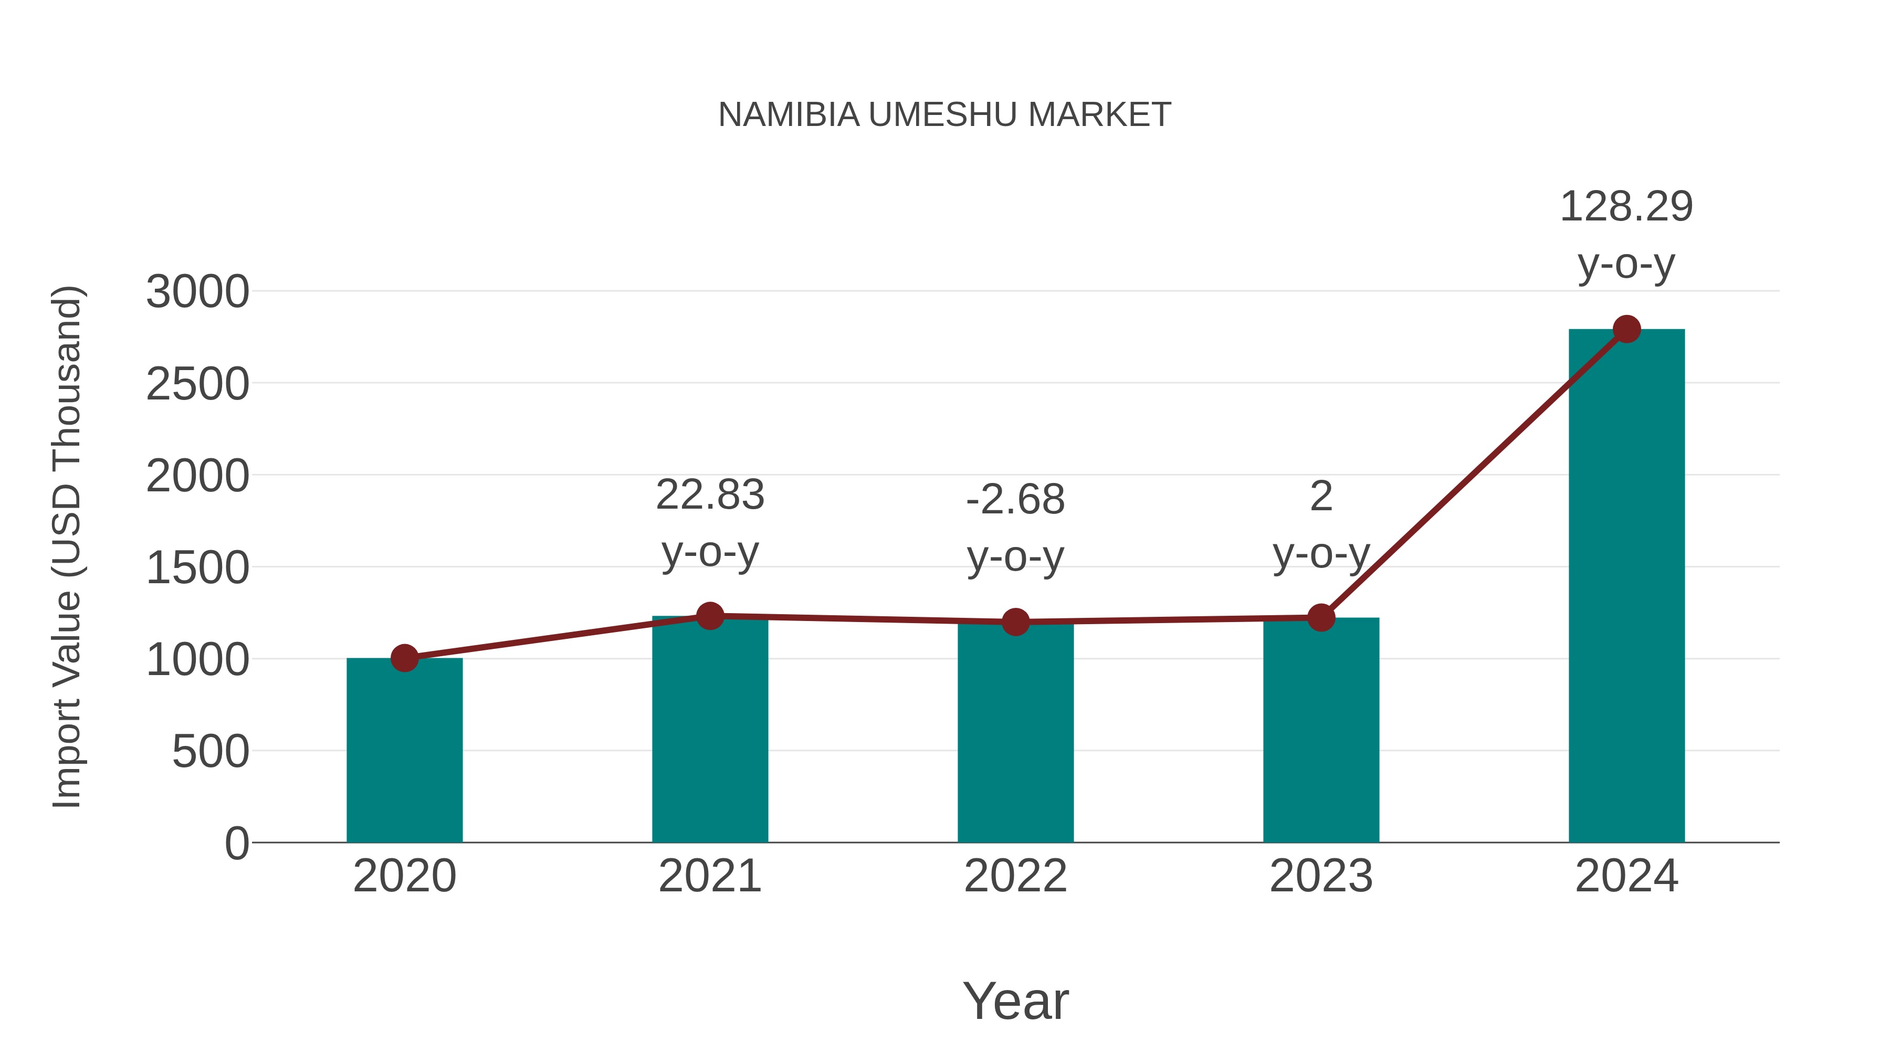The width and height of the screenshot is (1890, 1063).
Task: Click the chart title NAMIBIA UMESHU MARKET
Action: coord(944,115)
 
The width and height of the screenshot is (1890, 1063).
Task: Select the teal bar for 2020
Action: coord(404,752)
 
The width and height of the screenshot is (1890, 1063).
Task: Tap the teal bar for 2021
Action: coord(709,734)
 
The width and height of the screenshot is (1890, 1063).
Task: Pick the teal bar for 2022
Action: coord(1015,734)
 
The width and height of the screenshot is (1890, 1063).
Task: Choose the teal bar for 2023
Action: coord(1321,734)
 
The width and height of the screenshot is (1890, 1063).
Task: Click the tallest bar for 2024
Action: coord(1626,587)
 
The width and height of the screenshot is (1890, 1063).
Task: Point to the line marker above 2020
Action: coord(404,658)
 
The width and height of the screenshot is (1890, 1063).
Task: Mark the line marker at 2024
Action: coord(1626,329)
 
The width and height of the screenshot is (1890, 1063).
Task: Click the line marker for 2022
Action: coord(1015,622)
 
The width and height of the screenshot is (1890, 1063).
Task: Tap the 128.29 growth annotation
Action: coord(1626,206)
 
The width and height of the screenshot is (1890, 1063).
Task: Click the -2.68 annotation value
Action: coord(1015,500)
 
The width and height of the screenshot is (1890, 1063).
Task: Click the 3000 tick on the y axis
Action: coord(197,292)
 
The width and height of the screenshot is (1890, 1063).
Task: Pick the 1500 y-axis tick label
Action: coord(197,568)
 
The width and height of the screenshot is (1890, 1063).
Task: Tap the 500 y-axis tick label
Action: coord(211,752)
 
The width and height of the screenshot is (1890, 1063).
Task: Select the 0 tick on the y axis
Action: coord(236,844)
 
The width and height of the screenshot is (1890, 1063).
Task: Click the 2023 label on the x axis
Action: coord(1321,876)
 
